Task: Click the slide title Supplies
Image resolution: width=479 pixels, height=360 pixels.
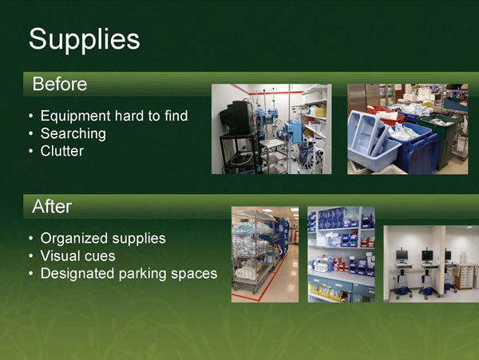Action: [84, 38]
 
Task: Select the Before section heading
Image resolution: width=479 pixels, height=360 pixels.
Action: [59, 84]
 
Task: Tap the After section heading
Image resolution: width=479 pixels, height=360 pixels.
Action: [52, 207]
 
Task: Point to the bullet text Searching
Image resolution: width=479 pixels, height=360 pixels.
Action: [73, 133]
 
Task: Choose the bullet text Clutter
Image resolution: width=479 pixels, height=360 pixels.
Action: [61, 150]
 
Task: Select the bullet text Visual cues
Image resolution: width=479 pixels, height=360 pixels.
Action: [77, 256]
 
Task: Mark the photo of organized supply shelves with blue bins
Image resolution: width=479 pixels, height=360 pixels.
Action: [341, 254]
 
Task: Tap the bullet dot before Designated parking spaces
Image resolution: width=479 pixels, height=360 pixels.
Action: [30, 275]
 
